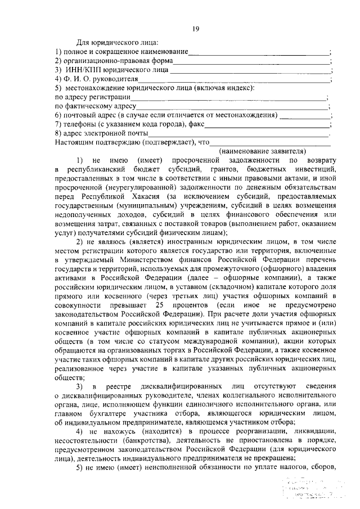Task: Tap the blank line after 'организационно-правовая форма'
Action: (251, 61)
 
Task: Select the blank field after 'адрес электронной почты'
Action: (238, 133)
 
